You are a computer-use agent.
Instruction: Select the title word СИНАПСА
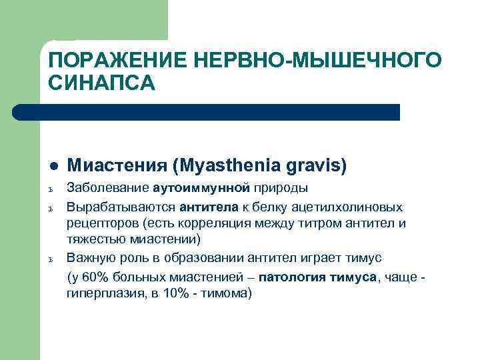click(101, 83)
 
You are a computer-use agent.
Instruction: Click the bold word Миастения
click(117, 165)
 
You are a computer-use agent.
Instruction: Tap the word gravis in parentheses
click(316, 165)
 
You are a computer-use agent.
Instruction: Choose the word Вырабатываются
click(120, 207)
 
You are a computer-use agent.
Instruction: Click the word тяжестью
click(94, 239)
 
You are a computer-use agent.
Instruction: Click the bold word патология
click(293, 277)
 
